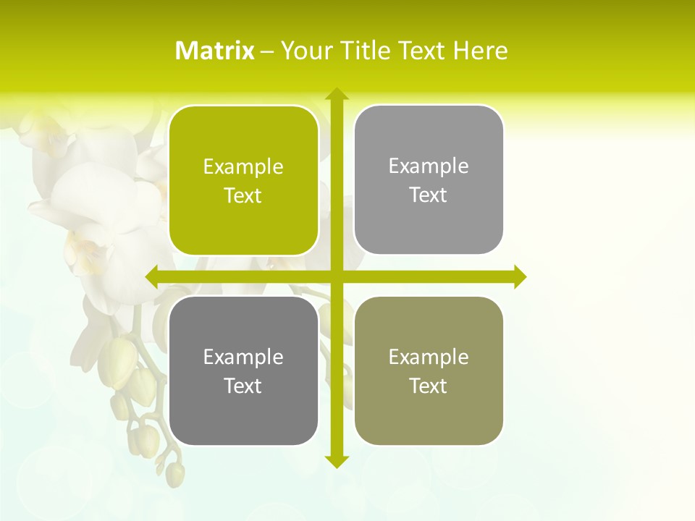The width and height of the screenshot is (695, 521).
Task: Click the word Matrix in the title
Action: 215,51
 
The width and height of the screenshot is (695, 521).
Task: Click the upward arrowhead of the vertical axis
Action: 336,94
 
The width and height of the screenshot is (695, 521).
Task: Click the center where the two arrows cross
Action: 336,276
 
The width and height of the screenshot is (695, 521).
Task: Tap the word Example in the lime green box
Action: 243,167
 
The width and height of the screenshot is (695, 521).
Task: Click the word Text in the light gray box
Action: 429,195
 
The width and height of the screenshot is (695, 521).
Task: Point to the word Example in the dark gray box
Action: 243,357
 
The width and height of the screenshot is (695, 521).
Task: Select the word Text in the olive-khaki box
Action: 429,386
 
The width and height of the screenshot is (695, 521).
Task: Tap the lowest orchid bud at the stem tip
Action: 175,474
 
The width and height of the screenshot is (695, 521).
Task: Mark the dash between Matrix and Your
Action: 267,51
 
